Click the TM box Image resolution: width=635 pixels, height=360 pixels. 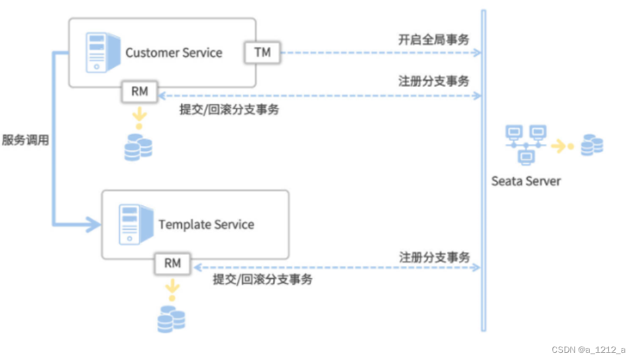tap(263, 52)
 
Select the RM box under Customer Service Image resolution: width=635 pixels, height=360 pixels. tap(139, 92)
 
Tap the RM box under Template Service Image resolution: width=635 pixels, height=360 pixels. tap(173, 264)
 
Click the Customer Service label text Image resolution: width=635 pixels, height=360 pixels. tap(173, 52)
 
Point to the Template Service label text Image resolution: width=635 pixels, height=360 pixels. tap(206, 225)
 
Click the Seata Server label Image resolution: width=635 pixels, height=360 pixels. tap(526, 181)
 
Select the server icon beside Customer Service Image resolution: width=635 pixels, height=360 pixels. tap(103, 52)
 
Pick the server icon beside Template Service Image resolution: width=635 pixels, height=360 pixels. tap(136, 225)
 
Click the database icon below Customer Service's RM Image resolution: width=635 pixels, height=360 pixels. tap(138, 147)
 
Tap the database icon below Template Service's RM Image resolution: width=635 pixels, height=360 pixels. tap(172, 319)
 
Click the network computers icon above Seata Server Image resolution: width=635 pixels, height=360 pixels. tap(526, 145)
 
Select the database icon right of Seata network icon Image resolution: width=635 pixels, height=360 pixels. tap(592, 145)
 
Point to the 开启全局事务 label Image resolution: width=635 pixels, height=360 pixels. tap(434, 40)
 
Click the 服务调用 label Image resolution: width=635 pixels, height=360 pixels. tap(26, 140)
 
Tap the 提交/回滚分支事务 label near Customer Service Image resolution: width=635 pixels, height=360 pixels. tap(229, 109)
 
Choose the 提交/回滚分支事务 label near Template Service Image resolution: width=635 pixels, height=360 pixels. tap(263, 279)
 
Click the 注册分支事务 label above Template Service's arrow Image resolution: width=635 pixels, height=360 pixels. tap(435, 257)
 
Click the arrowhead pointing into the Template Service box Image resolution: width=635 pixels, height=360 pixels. tap(94, 225)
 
